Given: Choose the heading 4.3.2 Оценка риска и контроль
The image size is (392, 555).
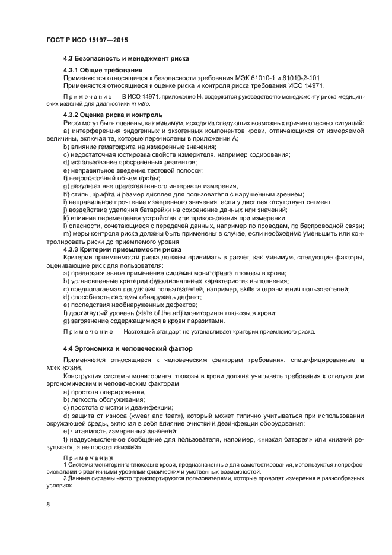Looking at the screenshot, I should [113, 115].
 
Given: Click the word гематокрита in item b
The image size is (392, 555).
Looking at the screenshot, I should [110, 147].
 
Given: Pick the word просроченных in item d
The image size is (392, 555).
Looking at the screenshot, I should [141, 163].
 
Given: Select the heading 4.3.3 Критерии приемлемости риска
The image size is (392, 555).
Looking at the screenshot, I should [122, 250].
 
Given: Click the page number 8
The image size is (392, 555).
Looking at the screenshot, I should [47, 504].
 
